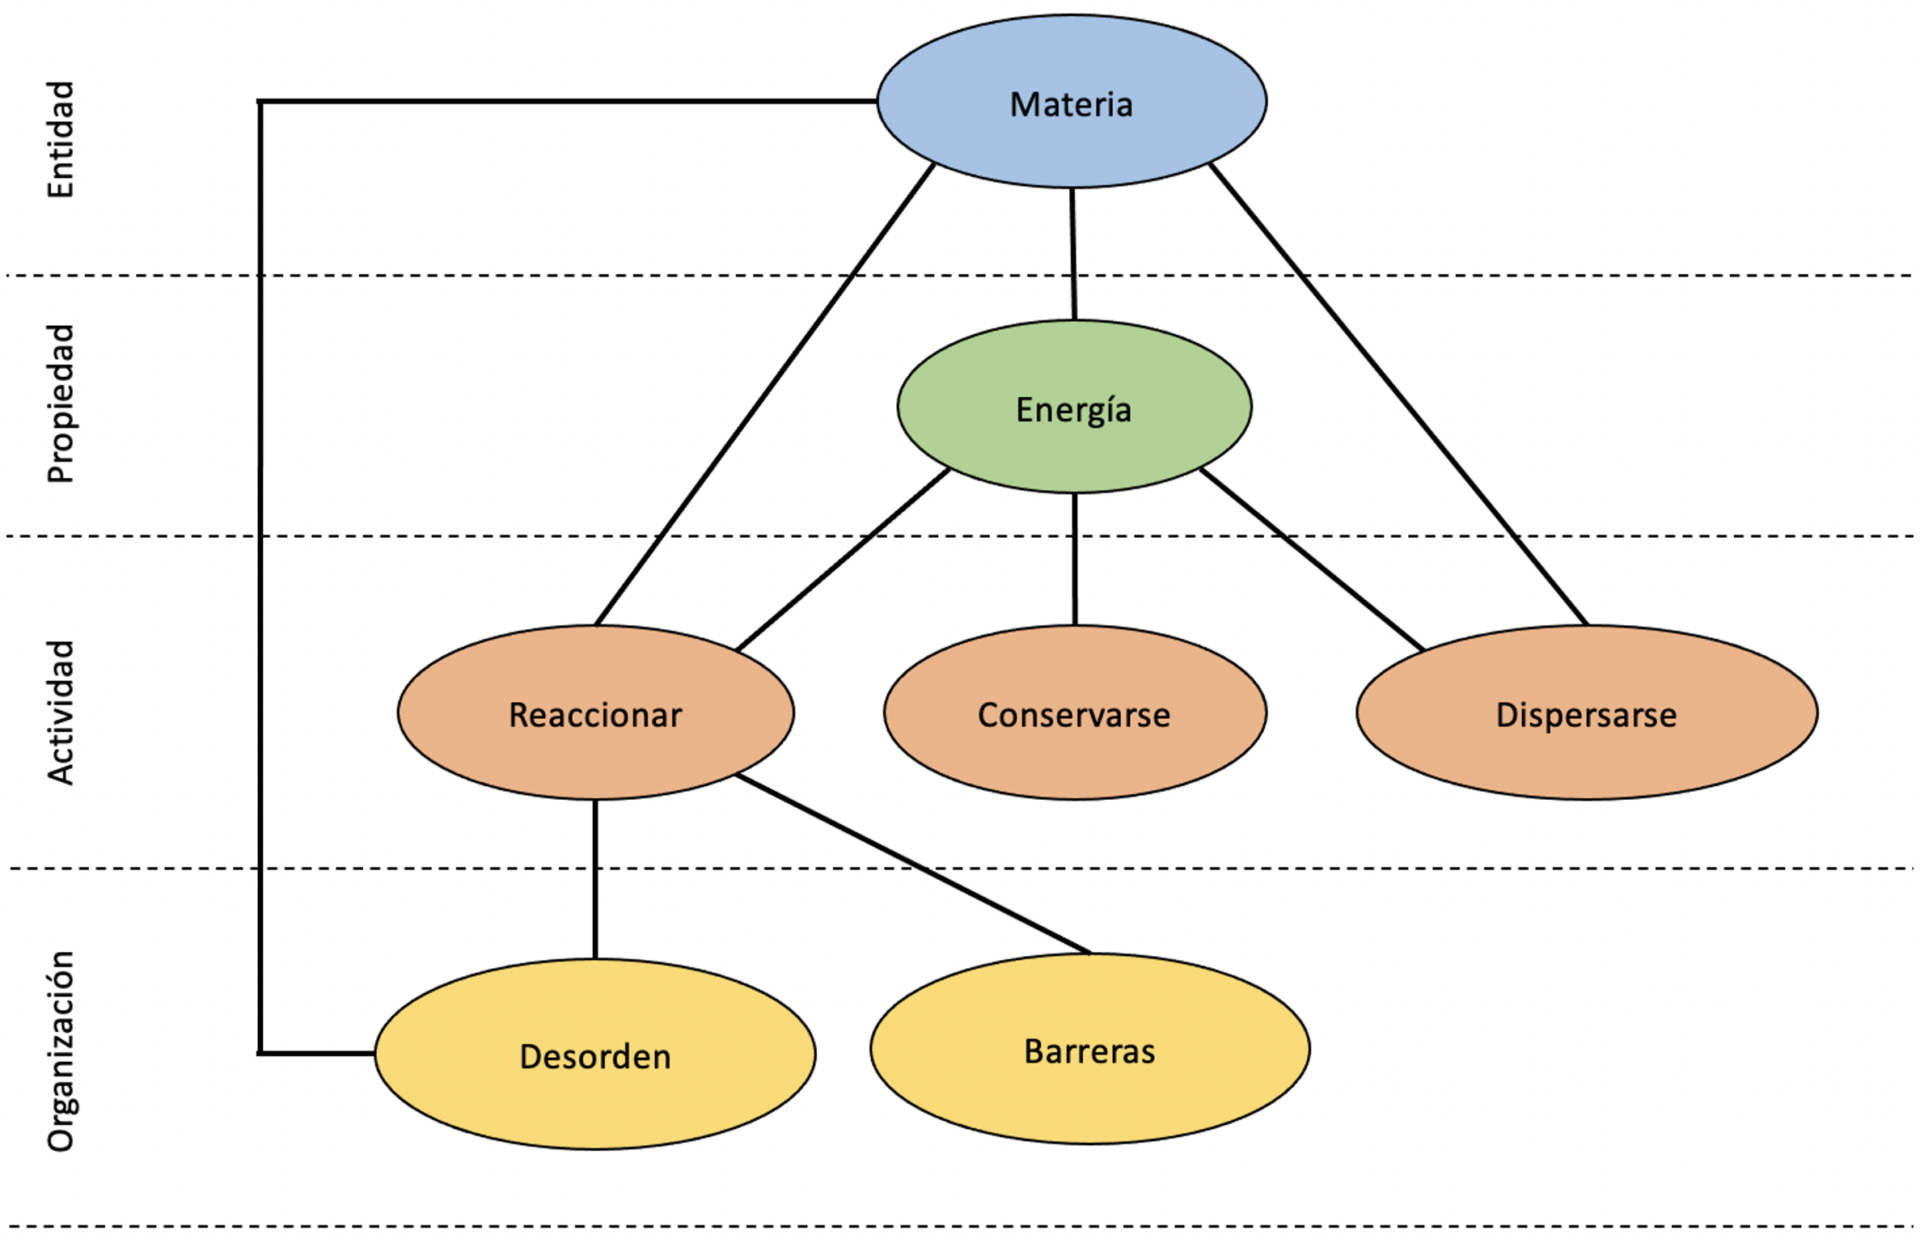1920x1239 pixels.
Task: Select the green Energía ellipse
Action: pyautogui.click(x=1074, y=408)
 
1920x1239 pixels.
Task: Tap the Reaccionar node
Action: pyautogui.click(x=595, y=713)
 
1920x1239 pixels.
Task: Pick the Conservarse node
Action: pyautogui.click(x=1075, y=713)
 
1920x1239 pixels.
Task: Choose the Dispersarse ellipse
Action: pyautogui.click(x=1586, y=713)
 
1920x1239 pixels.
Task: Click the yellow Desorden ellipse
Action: pyautogui.click(x=595, y=1055)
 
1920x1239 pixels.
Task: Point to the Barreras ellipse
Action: pyautogui.click(x=1089, y=1050)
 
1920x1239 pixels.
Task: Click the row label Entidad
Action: pyautogui.click(x=61, y=139)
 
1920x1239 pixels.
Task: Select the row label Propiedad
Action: pyautogui.click(x=61, y=404)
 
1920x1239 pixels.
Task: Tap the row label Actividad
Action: pyautogui.click(x=61, y=712)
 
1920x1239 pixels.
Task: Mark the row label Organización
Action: pyautogui.click(x=61, y=1051)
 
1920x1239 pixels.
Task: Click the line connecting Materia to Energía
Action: pyautogui.click(x=1073, y=254)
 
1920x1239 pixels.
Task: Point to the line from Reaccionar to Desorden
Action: pyautogui.click(x=595, y=879)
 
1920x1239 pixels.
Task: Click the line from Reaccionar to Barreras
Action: pyautogui.click(x=914, y=864)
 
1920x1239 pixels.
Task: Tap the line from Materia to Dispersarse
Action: pyautogui.click(x=1398, y=394)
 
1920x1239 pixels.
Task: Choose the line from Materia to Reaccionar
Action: pyautogui.click(x=764, y=394)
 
